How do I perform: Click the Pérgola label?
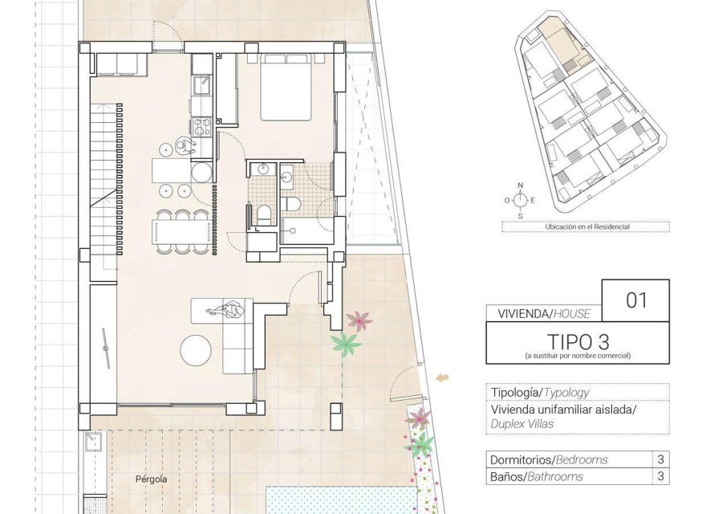(x=151, y=479)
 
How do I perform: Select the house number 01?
(x=635, y=300)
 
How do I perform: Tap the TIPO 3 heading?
(x=576, y=341)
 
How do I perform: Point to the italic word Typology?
(x=567, y=393)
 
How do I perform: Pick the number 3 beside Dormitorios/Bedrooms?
(x=659, y=460)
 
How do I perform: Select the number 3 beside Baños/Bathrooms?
(x=659, y=477)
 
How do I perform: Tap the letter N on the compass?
(x=521, y=186)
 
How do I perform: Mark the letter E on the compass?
(x=534, y=200)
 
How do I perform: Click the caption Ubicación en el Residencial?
(x=586, y=227)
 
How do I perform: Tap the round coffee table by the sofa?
(x=197, y=351)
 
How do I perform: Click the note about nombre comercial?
(x=577, y=355)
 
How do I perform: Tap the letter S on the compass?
(x=521, y=215)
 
